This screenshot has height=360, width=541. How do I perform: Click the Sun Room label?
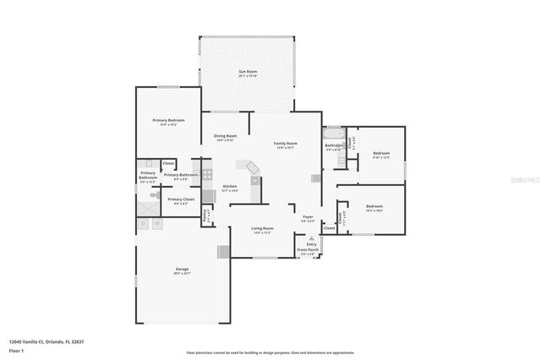(247, 74)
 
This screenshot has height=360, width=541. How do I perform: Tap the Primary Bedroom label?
(168, 122)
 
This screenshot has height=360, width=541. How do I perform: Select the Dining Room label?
(225, 137)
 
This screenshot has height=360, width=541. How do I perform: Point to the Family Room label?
(286, 145)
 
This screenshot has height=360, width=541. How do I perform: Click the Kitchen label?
(230, 187)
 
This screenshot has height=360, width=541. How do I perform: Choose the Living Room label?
(263, 229)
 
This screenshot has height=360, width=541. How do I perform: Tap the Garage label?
(182, 270)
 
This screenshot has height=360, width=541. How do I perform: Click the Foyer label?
(308, 218)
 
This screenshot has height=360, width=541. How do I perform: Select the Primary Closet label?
(181, 200)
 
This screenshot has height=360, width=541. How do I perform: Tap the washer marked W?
(157, 224)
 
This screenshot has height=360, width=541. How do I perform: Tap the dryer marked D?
(144, 224)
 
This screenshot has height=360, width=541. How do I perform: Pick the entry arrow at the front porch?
(311, 239)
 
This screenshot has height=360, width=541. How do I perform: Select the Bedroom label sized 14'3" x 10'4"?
(374, 208)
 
